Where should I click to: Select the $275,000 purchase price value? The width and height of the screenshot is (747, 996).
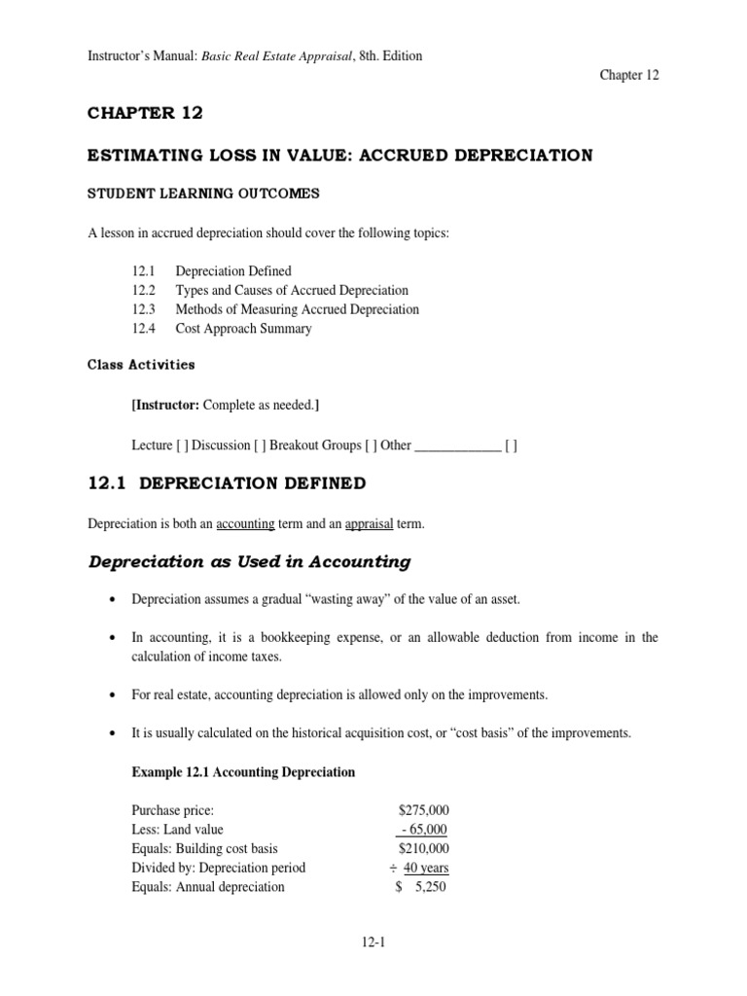pyautogui.click(x=424, y=810)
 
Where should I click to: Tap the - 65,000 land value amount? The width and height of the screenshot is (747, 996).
pyautogui.click(x=423, y=830)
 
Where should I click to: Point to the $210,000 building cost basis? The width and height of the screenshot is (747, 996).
pyautogui.click(x=424, y=848)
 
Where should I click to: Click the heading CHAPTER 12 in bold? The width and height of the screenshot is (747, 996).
pyautogui.click(x=146, y=114)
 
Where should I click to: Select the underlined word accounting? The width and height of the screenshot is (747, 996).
pyautogui.click(x=245, y=524)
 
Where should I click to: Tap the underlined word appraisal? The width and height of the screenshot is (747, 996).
pyautogui.click(x=369, y=524)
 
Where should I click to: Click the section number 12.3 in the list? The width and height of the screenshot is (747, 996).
pyautogui.click(x=143, y=309)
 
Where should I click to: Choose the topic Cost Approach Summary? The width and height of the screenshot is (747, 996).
pyautogui.click(x=243, y=329)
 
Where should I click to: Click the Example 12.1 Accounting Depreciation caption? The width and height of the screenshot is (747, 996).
pyautogui.click(x=243, y=772)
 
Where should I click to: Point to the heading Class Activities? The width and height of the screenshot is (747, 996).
pyautogui.click(x=141, y=366)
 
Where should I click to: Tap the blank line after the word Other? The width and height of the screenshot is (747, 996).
pyautogui.click(x=457, y=445)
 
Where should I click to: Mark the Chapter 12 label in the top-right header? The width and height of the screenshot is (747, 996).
pyautogui.click(x=629, y=76)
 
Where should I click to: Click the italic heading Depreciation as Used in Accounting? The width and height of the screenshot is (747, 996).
pyautogui.click(x=250, y=562)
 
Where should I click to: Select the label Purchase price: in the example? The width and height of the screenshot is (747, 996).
pyautogui.click(x=173, y=810)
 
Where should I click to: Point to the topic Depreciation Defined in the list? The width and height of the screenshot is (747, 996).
pyautogui.click(x=232, y=271)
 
